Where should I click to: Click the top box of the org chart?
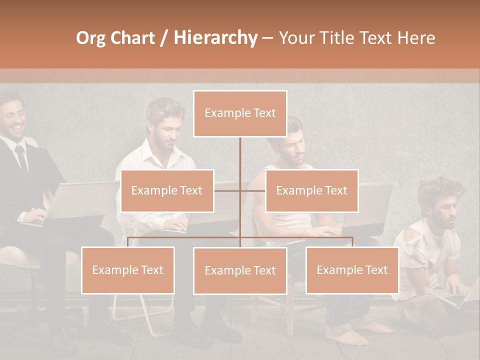click(x=240, y=113)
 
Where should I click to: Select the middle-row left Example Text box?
click(x=167, y=190)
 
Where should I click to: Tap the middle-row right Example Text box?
click(x=311, y=190)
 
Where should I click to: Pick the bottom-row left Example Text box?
click(x=127, y=270)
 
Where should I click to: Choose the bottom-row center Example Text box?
click(x=240, y=270)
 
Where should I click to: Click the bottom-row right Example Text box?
click(x=352, y=270)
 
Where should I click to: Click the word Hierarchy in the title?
click(x=215, y=38)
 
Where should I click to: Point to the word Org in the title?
click(x=91, y=38)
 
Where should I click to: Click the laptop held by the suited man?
click(x=75, y=200)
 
